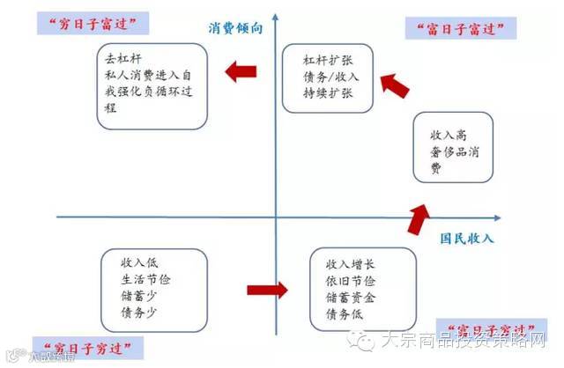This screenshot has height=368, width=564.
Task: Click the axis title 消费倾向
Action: (x=236, y=27)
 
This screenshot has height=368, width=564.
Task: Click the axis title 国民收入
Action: (x=467, y=239)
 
